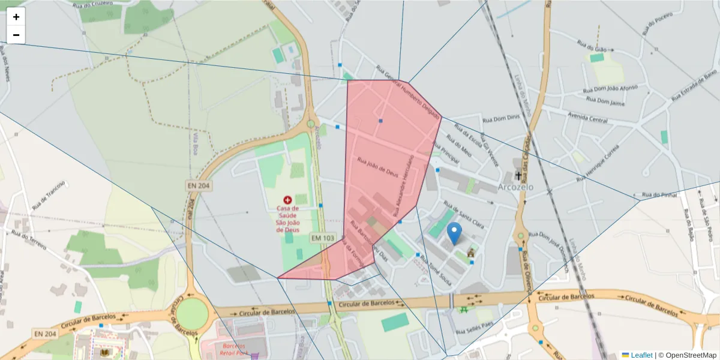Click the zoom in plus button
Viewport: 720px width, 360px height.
pos(16,17)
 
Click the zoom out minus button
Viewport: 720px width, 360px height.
pos(16,35)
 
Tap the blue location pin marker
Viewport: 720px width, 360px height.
pos(455,233)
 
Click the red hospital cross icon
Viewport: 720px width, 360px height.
pos(287,199)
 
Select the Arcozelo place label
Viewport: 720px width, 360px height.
pos(515,187)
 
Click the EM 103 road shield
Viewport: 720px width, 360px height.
pos(322,238)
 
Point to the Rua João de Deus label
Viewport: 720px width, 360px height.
pos(378,166)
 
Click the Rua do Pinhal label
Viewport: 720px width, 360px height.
pos(659,194)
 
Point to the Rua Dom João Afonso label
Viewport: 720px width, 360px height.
pos(611,91)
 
